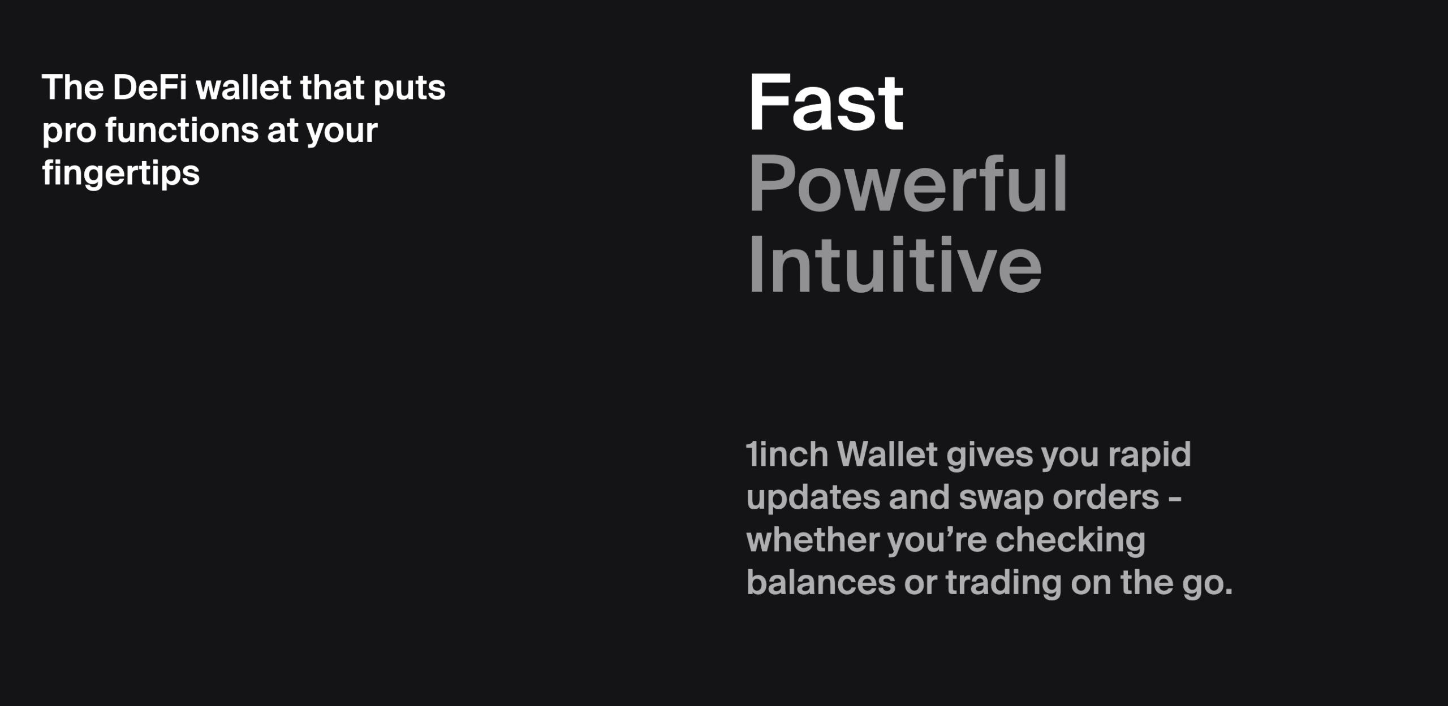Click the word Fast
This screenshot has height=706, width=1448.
(x=826, y=103)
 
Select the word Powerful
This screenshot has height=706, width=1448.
(x=908, y=184)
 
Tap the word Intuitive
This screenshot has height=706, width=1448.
(x=894, y=265)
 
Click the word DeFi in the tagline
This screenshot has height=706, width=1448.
(x=149, y=88)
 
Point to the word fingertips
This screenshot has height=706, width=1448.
(x=121, y=172)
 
